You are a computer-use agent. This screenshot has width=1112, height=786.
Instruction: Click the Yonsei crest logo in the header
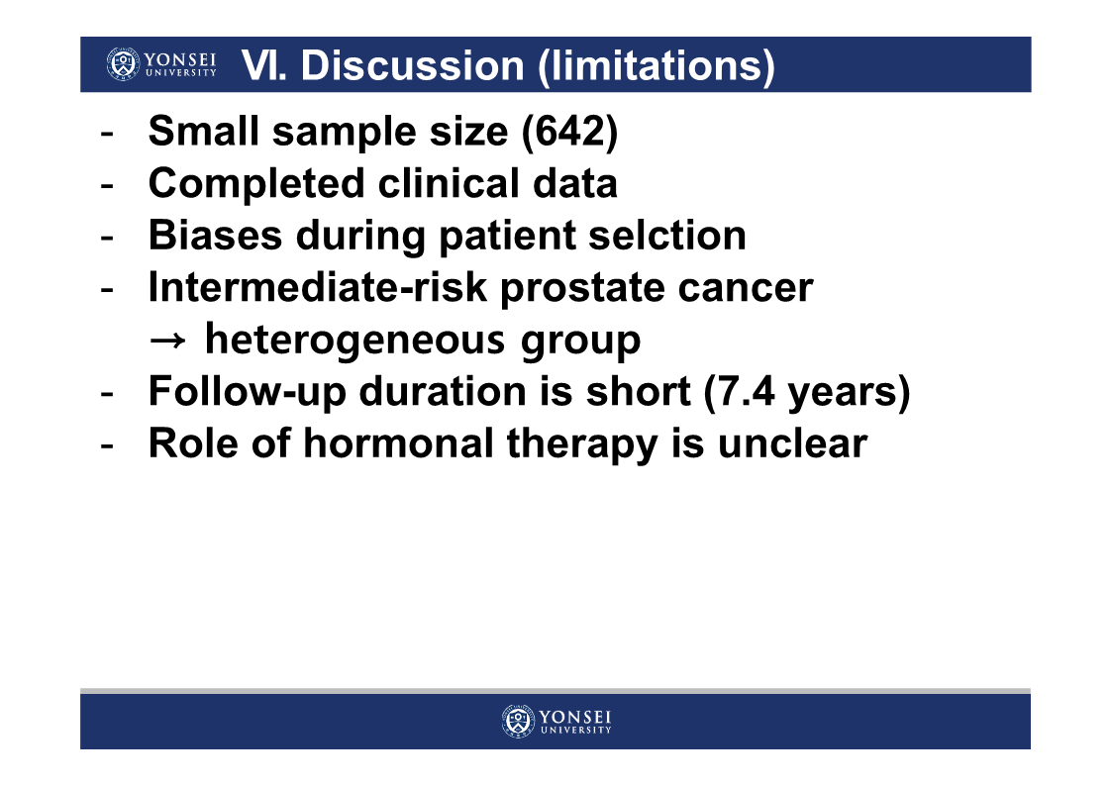click(x=123, y=63)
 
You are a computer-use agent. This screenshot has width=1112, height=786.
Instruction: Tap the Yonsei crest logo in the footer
click(x=519, y=722)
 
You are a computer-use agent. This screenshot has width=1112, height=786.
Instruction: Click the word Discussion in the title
click(x=412, y=65)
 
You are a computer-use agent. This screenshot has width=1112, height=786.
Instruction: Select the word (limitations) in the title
click(x=656, y=66)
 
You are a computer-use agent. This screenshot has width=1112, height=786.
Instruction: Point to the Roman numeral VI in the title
click(x=263, y=65)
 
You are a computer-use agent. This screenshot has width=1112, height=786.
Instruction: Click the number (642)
click(x=569, y=132)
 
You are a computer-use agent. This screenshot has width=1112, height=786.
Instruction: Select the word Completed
click(x=256, y=184)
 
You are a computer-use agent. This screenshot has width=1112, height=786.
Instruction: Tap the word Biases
click(x=215, y=236)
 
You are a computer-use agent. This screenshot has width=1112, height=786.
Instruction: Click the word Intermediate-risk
click(x=318, y=287)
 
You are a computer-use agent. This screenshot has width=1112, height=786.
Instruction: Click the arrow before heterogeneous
click(x=167, y=341)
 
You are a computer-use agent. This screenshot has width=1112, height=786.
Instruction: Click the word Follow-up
click(x=247, y=392)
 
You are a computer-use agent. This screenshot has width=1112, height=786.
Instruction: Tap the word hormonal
click(x=398, y=443)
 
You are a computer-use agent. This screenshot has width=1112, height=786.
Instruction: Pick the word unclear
click(x=792, y=443)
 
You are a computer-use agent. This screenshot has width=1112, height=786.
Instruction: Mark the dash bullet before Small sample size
click(x=107, y=134)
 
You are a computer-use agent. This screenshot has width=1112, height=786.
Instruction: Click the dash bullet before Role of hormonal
click(x=107, y=445)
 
